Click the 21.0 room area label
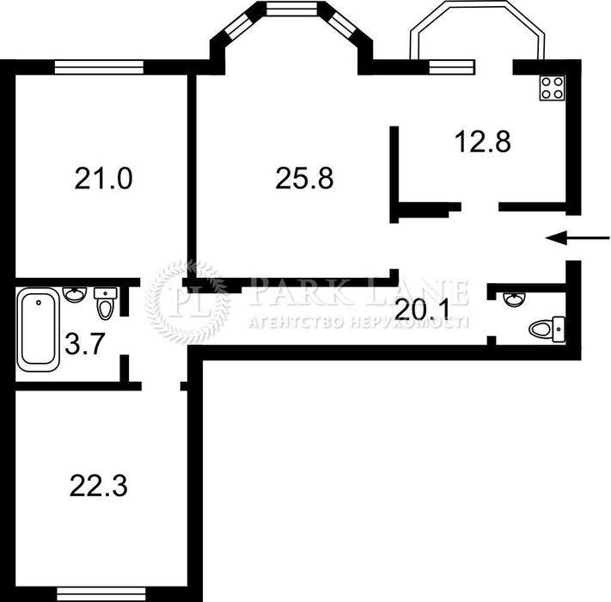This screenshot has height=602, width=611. pyautogui.click(x=104, y=178)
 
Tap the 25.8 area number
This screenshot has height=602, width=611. pyautogui.click(x=304, y=178)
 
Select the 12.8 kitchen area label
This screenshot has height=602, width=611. pyautogui.click(x=482, y=141)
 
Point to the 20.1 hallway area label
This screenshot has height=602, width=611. pyautogui.click(x=422, y=310)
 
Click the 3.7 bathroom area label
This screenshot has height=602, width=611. pyautogui.click(x=85, y=344)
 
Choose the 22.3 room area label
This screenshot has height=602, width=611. pyautogui.click(x=99, y=486)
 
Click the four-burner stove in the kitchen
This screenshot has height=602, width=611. pyautogui.click(x=553, y=88)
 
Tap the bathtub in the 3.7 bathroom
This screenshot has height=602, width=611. pyautogui.click(x=38, y=329)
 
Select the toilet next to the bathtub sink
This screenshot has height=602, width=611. pyautogui.click(x=105, y=303)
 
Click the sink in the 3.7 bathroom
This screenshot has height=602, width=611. pyautogui.click(x=75, y=294)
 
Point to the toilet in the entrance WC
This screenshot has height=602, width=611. pyautogui.click(x=547, y=329)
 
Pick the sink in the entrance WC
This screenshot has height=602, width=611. pyautogui.click(x=515, y=299)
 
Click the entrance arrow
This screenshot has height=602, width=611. pyautogui.click(x=577, y=237)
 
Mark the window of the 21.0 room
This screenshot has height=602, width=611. pyautogui.click(x=99, y=67)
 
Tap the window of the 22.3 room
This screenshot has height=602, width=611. pyautogui.click(x=101, y=594)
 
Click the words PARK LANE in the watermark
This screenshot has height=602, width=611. pyautogui.click(x=358, y=292)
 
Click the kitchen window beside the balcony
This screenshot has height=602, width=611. pyautogui.click(x=452, y=67)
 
